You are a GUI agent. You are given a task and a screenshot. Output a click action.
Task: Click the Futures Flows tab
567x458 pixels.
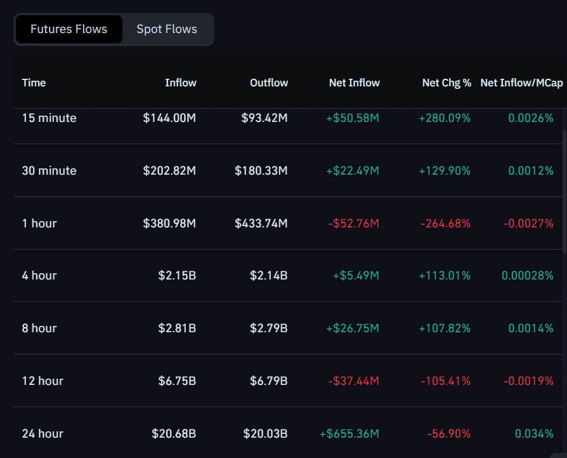68,29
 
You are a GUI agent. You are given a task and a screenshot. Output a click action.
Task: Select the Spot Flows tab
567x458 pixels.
167,29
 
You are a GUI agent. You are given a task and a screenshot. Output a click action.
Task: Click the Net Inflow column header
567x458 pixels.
354,83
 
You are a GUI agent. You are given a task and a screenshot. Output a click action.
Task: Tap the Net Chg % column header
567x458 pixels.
446,83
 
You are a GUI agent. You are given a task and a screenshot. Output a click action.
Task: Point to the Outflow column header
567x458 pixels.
269,83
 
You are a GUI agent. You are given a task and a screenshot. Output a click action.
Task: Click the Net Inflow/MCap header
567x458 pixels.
521,83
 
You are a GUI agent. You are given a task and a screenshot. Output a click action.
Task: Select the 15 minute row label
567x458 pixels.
49,118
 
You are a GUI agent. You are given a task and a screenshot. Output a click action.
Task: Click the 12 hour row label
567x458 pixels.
42,381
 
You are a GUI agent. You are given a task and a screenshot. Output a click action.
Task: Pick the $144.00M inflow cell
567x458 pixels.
169,118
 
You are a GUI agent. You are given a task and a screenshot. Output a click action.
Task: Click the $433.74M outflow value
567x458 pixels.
261,223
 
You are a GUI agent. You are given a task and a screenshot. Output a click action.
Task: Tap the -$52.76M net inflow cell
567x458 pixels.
353,223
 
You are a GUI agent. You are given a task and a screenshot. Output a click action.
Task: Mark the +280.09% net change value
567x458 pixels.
445,118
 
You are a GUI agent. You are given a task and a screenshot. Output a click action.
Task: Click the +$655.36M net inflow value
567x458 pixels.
349,433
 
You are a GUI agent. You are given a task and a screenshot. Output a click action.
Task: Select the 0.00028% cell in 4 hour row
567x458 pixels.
527,275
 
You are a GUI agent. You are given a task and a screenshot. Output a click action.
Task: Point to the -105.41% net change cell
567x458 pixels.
445,381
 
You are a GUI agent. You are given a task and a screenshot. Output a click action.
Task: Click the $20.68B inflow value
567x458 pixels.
174,433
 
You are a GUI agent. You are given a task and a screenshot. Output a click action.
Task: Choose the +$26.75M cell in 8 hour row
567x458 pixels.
353,328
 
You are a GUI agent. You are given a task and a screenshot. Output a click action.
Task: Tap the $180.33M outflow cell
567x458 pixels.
261,170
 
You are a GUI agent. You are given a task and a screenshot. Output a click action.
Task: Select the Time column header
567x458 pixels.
34,83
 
